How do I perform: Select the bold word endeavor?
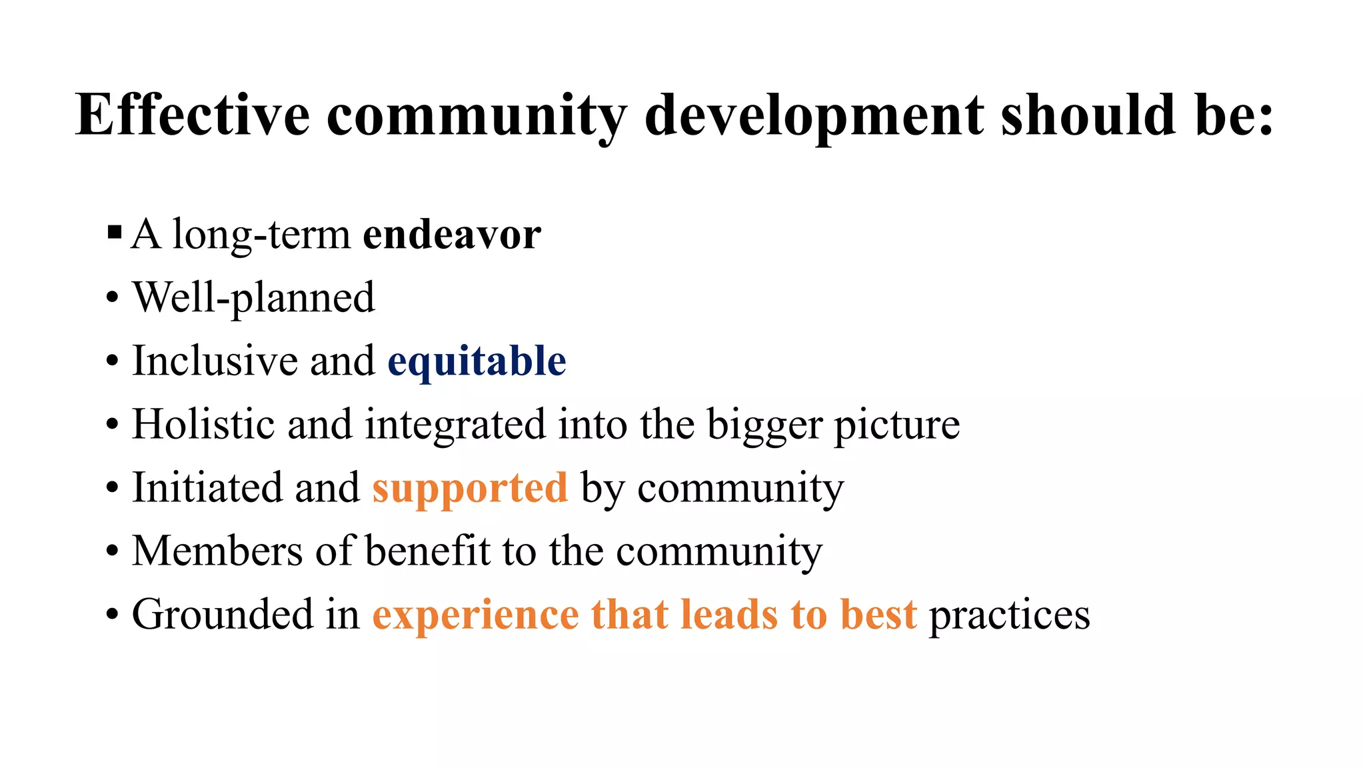click(451, 235)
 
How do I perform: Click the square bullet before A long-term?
click(114, 233)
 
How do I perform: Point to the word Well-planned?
click(254, 297)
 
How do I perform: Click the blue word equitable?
click(477, 361)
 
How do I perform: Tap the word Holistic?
click(204, 424)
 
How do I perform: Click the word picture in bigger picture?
click(897, 425)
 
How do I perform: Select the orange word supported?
click(470, 488)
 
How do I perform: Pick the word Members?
click(217, 551)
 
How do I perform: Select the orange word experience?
click(475, 615)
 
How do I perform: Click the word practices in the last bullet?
click(1009, 615)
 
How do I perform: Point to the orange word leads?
click(729, 614)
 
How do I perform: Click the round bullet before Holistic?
click(113, 425)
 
